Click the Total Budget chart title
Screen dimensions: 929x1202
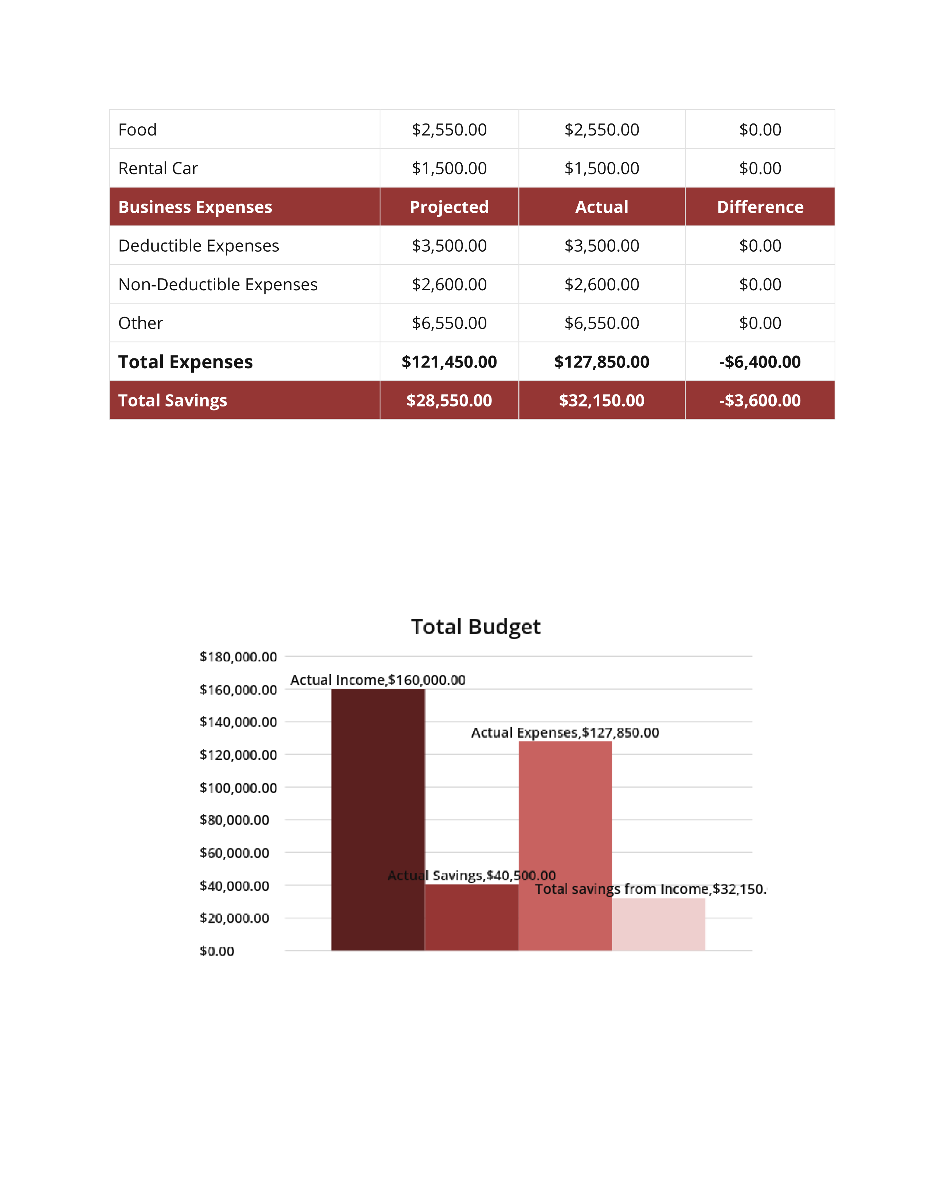tap(475, 627)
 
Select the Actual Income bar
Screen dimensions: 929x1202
tap(378, 820)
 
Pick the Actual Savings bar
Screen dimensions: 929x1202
tap(472, 918)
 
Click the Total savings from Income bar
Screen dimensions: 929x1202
tap(659, 924)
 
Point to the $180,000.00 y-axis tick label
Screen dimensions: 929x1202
tap(238, 657)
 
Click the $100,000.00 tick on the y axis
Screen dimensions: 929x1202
tap(238, 787)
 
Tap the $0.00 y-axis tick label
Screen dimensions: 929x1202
tap(217, 951)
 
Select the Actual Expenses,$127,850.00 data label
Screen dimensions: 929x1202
tap(565, 732)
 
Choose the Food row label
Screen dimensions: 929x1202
tap(138, 130)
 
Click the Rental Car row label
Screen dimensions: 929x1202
tap(158, 168)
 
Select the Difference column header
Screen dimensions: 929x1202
tap(760, 207)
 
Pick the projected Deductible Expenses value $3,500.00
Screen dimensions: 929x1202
tap(449, 245)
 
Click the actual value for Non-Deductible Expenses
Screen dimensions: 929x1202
tap(601, 284)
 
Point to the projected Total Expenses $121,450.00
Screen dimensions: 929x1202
tap(449, 362)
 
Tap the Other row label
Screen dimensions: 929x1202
tap(141, 323)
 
